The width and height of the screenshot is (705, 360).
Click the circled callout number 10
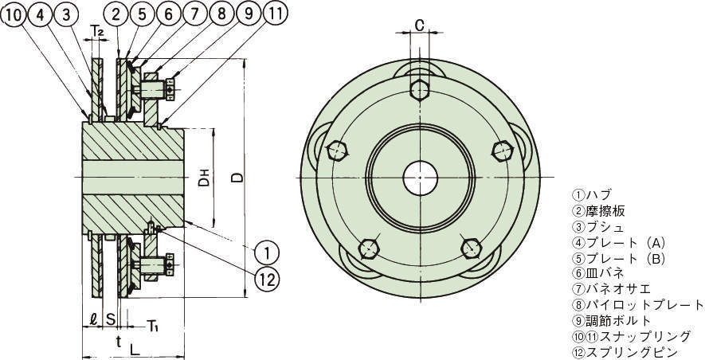[14, 15]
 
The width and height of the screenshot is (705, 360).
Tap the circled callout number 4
[41, 15]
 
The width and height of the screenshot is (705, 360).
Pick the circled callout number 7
[194, 14]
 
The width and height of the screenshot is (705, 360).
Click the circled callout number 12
[267, 279]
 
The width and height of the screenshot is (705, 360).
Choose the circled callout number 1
[267, 253]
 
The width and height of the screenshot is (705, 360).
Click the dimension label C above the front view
[420, 25]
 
